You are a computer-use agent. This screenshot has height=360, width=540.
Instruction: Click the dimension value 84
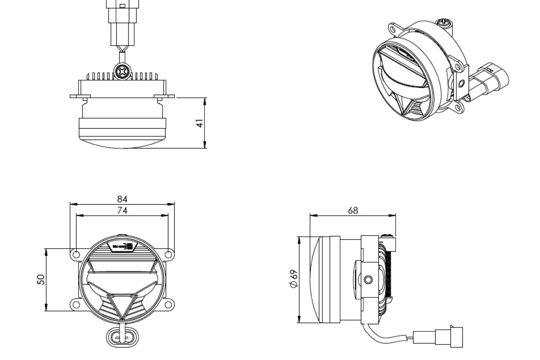pos(122,199)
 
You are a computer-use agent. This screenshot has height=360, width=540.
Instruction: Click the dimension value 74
pos(122,211)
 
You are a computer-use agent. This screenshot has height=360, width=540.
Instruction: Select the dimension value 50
pos(41,279)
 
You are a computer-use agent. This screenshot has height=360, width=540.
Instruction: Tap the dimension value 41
pos(200,123)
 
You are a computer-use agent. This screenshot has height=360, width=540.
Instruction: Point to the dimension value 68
pos(353,211)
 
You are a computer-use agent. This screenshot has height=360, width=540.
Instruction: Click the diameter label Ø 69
pos(294,278)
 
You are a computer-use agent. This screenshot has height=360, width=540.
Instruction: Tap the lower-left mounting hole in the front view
pos(76,305)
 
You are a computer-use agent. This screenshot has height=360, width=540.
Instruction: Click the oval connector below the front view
pos(122,337)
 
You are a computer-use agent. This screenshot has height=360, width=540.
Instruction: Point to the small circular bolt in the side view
pos(369,279)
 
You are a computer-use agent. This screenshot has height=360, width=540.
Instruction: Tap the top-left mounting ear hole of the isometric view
pos(393,29)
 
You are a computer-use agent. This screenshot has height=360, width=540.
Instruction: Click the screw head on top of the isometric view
pos(443,23)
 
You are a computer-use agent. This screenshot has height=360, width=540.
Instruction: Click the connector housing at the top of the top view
pos(122,20)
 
